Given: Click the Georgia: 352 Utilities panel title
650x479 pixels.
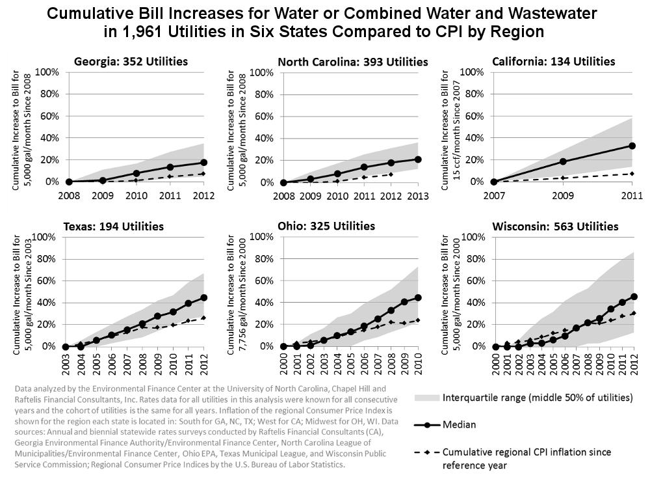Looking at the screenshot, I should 131,61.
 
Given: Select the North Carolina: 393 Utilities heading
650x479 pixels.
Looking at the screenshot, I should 353,61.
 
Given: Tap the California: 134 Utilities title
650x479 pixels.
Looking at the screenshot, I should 553,61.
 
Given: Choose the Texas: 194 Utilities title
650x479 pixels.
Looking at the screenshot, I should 114,226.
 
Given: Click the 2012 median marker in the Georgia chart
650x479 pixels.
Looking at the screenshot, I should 203,162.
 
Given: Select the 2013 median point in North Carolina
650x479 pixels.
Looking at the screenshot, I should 418,159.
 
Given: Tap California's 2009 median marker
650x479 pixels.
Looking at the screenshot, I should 563,161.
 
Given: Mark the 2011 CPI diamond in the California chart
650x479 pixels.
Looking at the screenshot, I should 630,174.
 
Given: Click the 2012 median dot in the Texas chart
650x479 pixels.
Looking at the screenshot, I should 203,297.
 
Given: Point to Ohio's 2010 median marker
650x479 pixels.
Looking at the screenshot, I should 418,297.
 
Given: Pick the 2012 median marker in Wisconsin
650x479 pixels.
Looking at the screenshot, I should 633,297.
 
